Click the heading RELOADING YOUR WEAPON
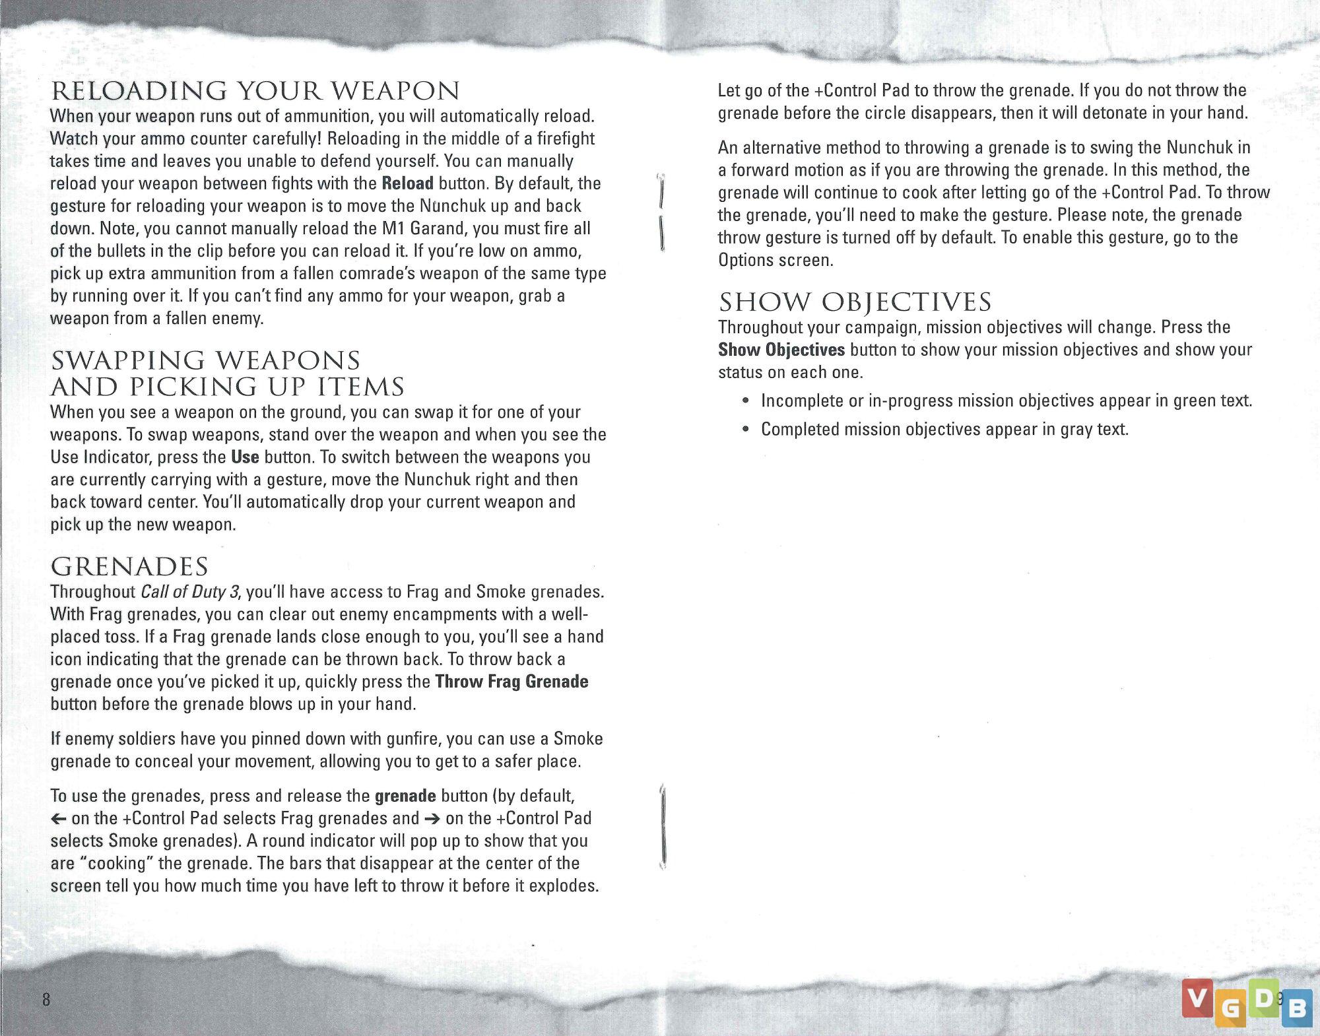255,91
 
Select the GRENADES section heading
129,567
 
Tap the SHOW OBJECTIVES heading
855,302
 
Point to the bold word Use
245,457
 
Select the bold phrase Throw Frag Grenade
511,682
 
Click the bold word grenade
405,796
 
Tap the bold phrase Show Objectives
781,350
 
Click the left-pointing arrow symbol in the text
58,819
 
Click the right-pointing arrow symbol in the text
432,819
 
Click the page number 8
46,999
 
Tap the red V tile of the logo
1197,997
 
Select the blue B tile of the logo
1296,1009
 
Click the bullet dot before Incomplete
745,401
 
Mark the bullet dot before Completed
745,430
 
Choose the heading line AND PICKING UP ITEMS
227,387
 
